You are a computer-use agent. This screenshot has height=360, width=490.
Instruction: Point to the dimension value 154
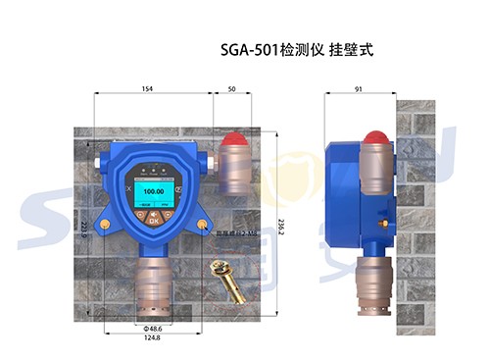(147, 89)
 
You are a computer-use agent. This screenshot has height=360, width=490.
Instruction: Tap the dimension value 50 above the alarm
(231, 89)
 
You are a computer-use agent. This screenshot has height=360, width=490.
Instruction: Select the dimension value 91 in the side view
(360, 89)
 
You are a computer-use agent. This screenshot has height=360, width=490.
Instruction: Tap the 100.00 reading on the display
(153, 190)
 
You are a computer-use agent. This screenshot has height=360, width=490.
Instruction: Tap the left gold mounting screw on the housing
(105, 225)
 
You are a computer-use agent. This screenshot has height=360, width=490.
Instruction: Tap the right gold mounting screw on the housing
(202, 225)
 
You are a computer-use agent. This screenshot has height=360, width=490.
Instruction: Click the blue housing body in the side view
(343, 191)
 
